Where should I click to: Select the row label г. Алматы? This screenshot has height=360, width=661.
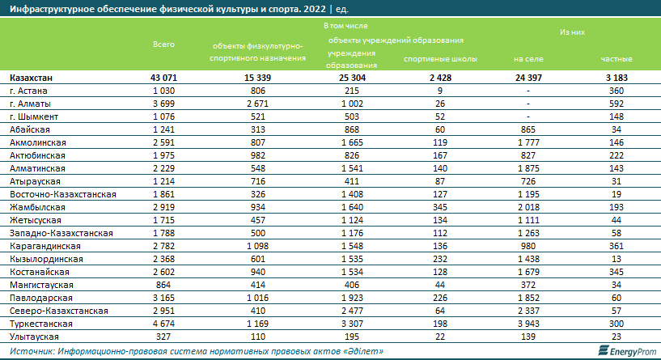32,104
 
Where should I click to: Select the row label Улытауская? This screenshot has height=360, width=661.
33,335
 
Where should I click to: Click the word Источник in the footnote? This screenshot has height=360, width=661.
31,351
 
